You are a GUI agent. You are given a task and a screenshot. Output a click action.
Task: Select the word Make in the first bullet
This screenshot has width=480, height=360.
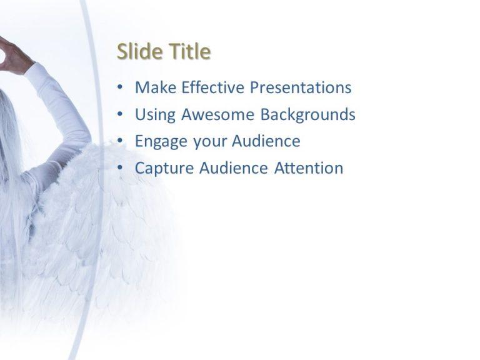click(156, 87)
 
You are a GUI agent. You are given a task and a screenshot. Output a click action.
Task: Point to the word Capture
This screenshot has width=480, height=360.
click(164, 169)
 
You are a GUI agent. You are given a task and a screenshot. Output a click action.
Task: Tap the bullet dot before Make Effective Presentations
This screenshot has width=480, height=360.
click(120, 88)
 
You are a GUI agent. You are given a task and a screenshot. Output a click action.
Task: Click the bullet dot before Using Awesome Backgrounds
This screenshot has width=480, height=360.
click(120, 115)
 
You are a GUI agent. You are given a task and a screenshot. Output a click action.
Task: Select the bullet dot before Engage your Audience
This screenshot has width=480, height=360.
click(120, 142)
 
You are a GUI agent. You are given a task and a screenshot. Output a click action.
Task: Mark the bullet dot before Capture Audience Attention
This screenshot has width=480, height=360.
click(120, 169)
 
